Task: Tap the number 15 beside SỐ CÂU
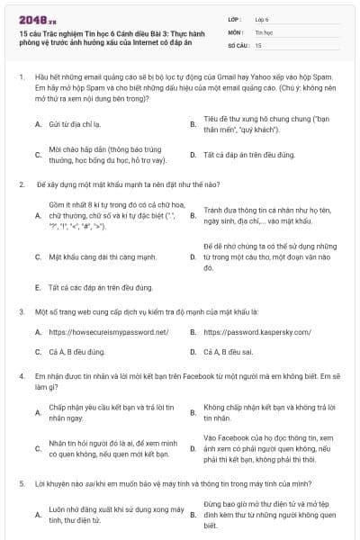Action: [259, 43]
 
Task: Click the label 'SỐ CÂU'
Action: [238, 43]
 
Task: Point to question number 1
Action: [22, 78]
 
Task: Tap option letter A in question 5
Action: [37, 514]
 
